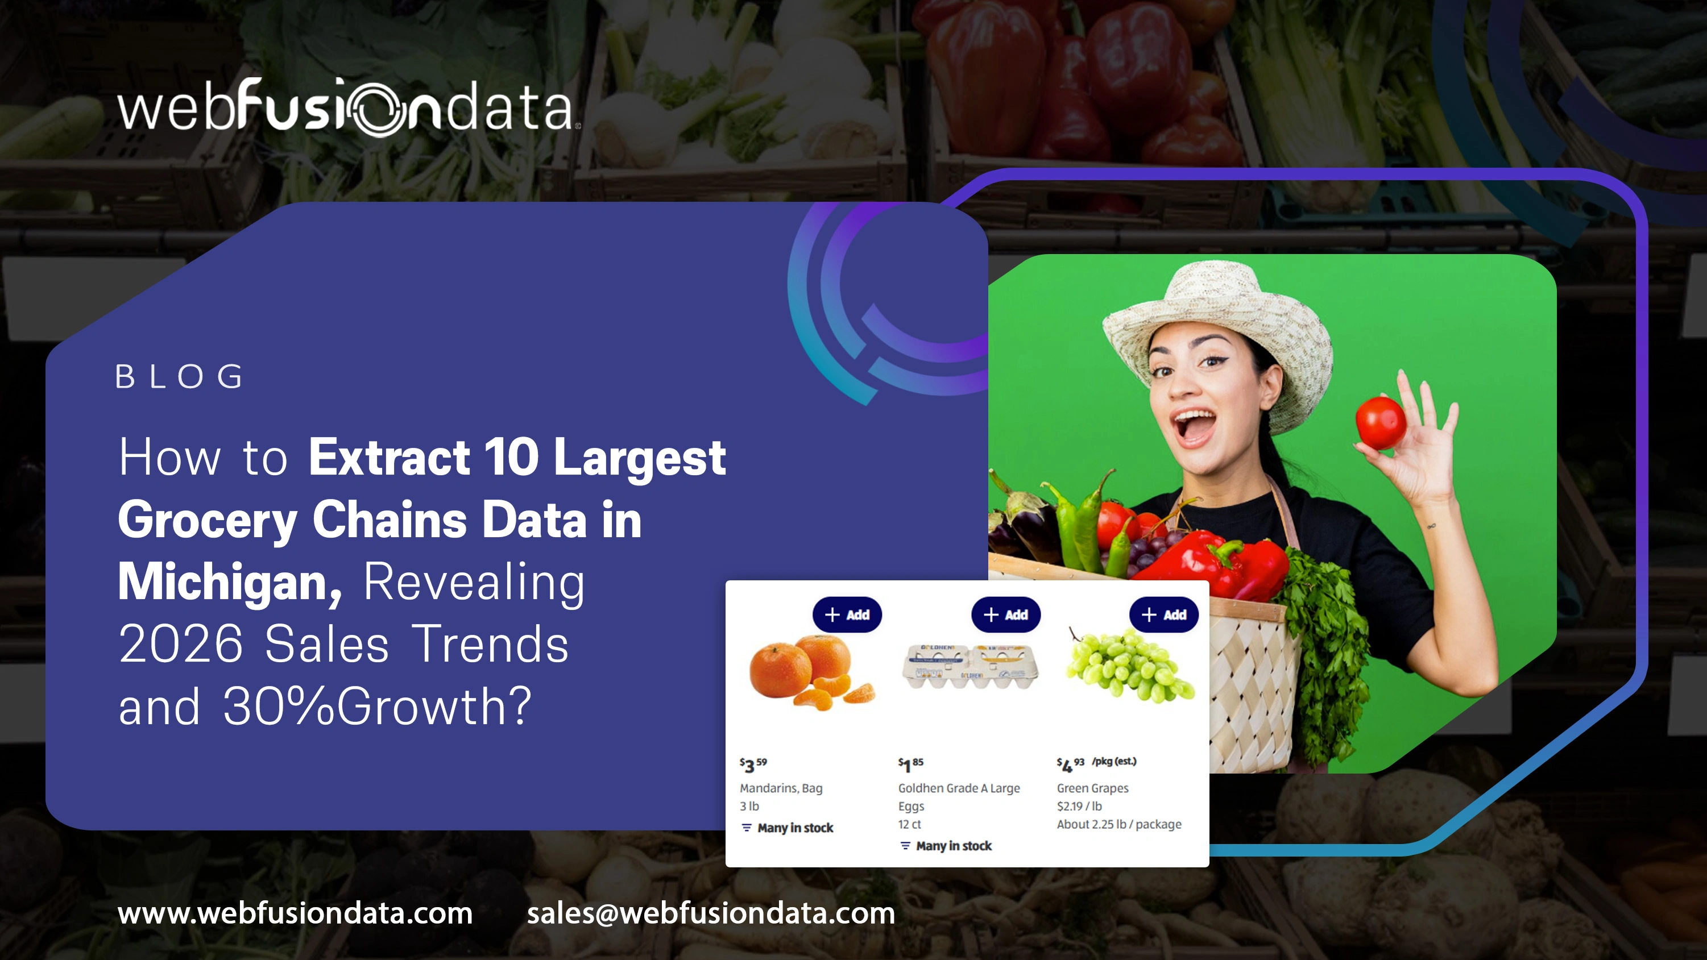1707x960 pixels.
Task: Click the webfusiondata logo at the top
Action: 348,108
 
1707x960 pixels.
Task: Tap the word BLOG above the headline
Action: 180,377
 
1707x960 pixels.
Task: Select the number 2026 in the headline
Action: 181,644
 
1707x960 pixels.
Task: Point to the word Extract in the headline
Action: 389,457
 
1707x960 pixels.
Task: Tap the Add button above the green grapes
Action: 1163,615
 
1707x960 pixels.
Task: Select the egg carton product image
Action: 969,665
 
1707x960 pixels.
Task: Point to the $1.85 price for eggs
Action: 910,764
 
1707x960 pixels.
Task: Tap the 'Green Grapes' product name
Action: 1092,788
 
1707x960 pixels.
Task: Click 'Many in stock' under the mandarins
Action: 794,828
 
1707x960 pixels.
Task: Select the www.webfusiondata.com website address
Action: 295,913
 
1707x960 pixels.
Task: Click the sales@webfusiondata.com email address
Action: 710,913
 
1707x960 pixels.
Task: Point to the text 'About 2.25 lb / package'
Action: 1118,824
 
